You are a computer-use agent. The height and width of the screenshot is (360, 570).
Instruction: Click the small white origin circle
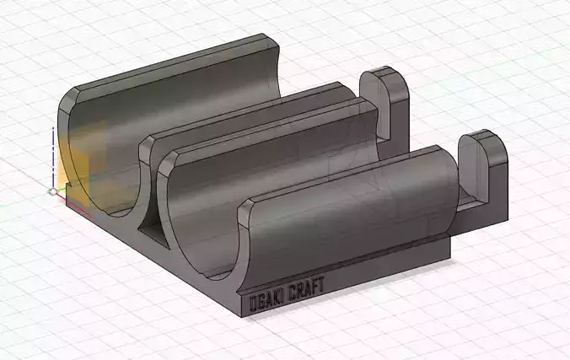(x=52, y=192)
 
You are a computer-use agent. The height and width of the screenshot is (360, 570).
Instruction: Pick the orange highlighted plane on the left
(x=76, y=169)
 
